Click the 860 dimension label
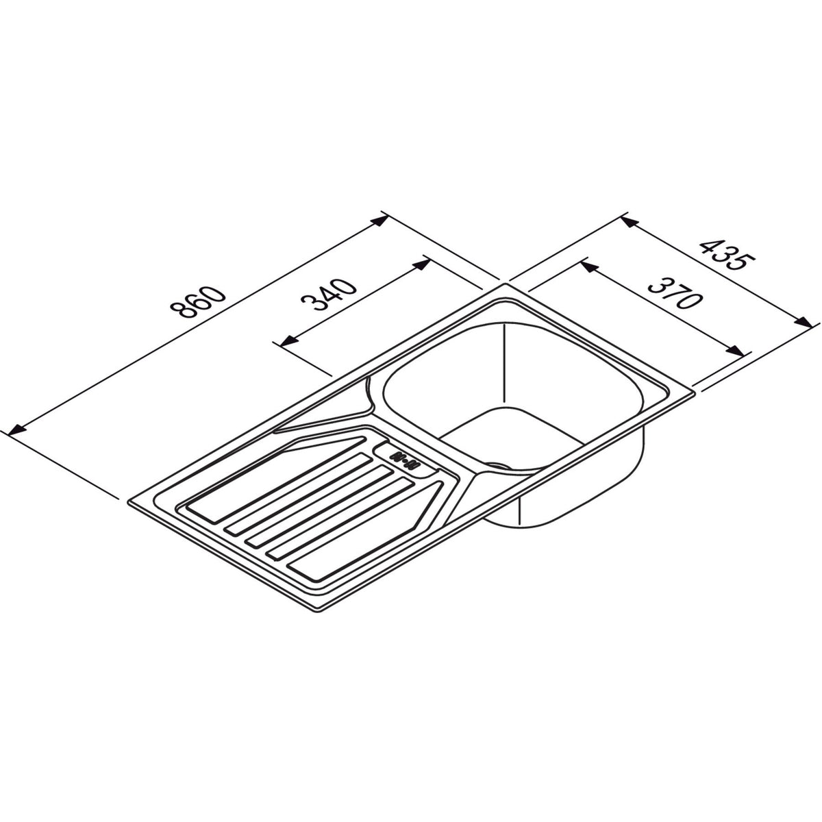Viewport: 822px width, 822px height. tap(198, 302)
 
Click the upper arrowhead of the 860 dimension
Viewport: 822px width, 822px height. tap(379, 221)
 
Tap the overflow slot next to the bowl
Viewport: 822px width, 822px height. tap(404, 460)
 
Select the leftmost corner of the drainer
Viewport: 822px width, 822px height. tap(127, 501)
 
